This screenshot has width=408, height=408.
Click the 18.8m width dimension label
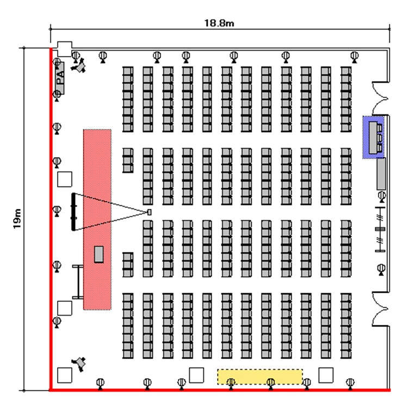coord(219,23)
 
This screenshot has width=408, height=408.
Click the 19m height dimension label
coord(17,219)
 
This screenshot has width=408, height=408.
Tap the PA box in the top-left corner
coord(60,77)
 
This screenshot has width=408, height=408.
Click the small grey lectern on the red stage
coord(99,254)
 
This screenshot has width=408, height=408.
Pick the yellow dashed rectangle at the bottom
coord(260,376)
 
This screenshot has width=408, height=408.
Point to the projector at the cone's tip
coord(149,211)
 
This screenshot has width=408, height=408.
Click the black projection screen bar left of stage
coord(74,211)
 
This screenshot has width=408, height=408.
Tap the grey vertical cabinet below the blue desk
coord(381,173)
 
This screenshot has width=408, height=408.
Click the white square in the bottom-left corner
coord(65,375)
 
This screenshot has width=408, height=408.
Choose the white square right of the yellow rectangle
coord(326,375)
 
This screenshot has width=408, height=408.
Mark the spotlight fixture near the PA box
coord(81,66)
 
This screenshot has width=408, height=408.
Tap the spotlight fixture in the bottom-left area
coord(81,363)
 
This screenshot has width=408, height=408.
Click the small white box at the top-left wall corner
coord(65,48)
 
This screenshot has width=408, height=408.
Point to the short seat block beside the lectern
coord(128,262)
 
